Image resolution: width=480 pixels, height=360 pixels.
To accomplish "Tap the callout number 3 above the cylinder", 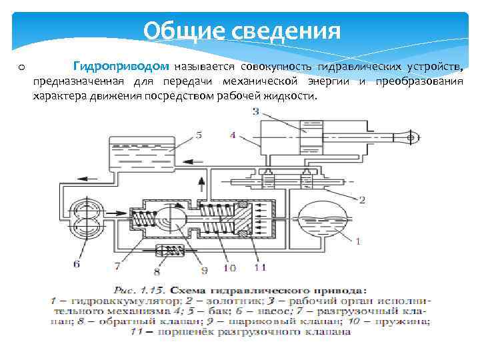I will (x=255, y=112).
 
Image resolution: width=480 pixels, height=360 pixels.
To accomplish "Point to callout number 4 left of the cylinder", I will (x=232, y=135).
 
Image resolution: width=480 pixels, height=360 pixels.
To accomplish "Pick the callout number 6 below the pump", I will (x=76, y=265).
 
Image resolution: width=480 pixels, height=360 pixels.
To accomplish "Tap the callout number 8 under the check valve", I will (x=157, y=271).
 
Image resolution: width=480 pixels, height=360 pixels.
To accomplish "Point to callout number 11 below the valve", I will (x=259, y=268).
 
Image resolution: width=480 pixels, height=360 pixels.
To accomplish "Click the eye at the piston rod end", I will (x=410, y=138).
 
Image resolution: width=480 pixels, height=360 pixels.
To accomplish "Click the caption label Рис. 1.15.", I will (x=143, y=291).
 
